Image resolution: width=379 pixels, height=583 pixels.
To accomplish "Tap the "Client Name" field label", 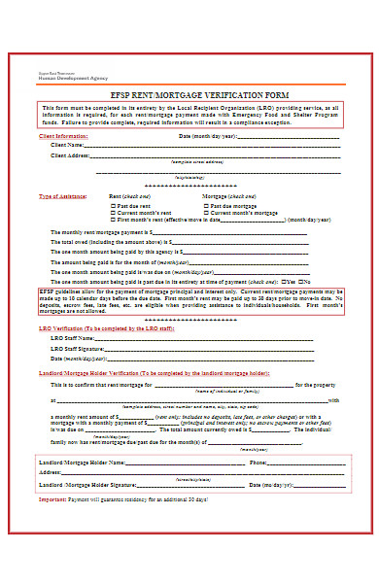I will coord(69,146).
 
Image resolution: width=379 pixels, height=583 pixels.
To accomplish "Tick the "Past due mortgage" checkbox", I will coord(205,207).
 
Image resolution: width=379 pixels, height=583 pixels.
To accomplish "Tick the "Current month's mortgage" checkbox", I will coord(205,213).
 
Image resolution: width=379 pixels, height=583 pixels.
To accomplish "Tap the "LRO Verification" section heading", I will coord(67,328).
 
